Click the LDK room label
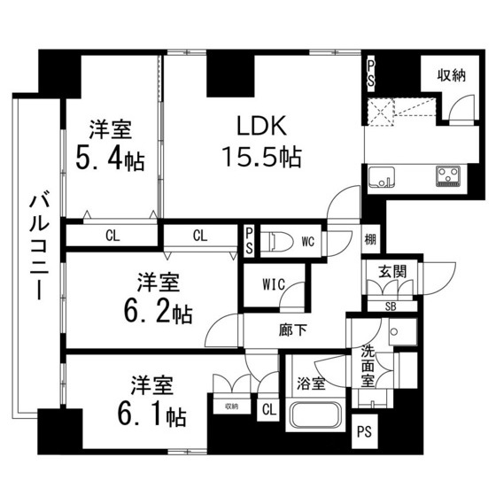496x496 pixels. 262,126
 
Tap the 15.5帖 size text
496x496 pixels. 262,156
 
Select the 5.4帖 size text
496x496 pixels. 110,160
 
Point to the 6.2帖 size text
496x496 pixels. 159,313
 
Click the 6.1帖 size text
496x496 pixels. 151,415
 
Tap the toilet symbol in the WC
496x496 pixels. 280,242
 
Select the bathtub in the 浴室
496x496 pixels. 315,415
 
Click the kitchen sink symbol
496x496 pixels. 382,176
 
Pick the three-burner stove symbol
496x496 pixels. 447,176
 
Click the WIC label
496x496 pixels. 274,284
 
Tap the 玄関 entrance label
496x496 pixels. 392,272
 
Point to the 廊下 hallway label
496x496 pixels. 293,330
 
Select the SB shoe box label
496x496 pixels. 391,306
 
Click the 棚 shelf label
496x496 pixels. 370,239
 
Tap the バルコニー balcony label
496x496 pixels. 39,247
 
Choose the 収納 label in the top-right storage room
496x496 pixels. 452,75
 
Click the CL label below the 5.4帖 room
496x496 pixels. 112,236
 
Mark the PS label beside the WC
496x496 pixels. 249,241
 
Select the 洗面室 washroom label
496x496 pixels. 368,367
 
